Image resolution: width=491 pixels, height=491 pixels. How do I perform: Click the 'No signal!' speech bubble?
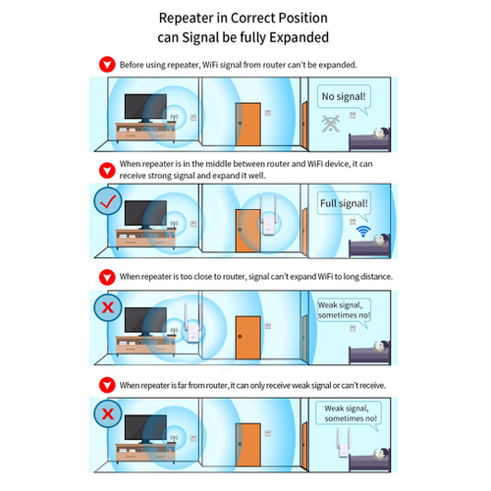[x=344, y=97]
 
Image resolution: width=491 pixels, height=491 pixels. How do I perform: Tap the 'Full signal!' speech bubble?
[x=344, y=203]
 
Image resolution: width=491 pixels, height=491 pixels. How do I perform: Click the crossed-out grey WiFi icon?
[x=331, y=124]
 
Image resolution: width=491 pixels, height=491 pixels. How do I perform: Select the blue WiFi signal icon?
[x=363, y=231]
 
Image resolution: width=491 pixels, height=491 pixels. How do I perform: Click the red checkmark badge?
[x=108, y=201]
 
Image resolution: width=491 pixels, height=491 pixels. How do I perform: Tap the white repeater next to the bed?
[x=343, y=443]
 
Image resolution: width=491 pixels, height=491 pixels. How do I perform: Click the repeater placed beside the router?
[x=192, y=324]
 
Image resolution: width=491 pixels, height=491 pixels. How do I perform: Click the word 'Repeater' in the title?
[x=187, y=18]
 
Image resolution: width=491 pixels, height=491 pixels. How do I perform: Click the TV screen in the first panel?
[x=145, y=107]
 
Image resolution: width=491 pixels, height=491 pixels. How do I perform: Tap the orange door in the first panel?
[x=248, y=125]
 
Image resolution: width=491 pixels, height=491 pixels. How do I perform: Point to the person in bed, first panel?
[x=381, y=134]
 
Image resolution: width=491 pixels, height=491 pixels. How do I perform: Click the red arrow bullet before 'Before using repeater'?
[x=107, y=65]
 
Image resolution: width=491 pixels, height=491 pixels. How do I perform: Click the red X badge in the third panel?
[x=108, y=307]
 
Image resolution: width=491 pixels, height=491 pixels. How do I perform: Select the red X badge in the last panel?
[x=108, y=414]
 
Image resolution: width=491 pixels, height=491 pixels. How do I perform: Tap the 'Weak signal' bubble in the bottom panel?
[x=349, y=414]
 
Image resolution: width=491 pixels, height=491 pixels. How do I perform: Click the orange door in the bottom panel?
[x=248, y=445]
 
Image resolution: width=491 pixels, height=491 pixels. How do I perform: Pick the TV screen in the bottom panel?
[x=145, y=427]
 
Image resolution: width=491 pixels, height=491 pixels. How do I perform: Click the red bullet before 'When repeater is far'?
[x=107, y=385]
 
